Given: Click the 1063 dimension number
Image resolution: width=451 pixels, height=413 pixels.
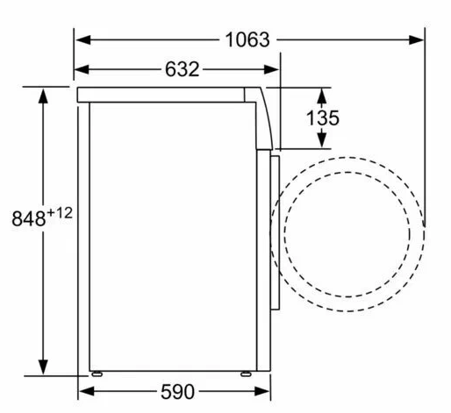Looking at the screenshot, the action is click(247, 39).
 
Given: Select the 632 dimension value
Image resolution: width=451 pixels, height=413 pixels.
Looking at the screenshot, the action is click(182, 69).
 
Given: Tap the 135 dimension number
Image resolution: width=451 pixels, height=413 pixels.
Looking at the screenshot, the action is click(323, 118).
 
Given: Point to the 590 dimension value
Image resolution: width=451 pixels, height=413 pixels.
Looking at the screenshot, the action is click(177, 392).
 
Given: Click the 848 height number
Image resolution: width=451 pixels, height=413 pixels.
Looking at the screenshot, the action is click(29, 218).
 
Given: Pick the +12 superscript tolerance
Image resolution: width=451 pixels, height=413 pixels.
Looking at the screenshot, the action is click(60, 213).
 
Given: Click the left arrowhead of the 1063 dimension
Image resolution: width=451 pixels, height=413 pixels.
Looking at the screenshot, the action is click(82, 39).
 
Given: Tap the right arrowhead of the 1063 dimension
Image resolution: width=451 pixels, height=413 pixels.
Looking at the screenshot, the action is click(416, 39).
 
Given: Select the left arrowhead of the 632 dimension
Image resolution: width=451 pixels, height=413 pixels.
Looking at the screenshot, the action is click(82, 69).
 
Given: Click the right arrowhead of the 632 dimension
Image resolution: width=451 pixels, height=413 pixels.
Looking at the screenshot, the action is click(271, 69).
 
